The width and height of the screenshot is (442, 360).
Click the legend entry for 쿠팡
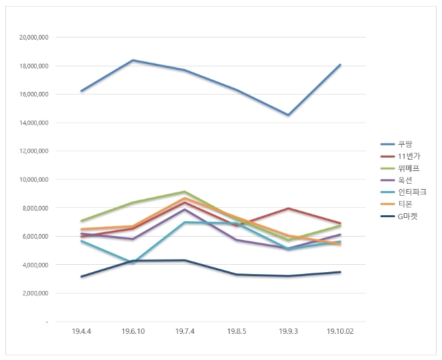coord(403,144)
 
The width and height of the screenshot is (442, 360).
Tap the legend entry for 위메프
coord(405,168)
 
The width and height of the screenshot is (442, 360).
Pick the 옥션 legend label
coord(403,180)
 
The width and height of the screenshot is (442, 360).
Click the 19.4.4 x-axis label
coord(81,331)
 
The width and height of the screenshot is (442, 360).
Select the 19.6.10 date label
coord(133,331)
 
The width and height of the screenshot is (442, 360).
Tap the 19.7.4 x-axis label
coord(185,331)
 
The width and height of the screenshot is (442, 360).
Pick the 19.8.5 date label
coord(237,331)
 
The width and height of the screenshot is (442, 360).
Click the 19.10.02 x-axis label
coord(340,331)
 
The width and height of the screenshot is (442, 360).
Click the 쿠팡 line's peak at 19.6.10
coord(133,60)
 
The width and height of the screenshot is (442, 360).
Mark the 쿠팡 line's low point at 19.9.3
coord(289,115)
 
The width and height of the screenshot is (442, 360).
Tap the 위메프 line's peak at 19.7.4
coord(185,192)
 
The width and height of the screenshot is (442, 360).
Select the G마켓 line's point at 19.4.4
coord(81,277)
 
